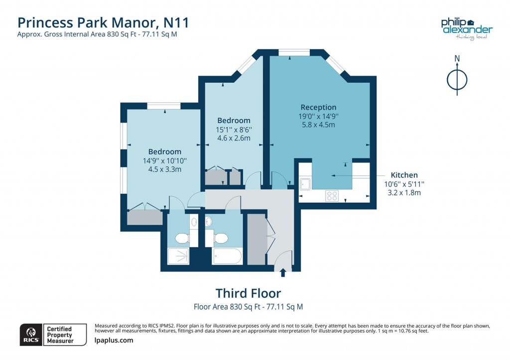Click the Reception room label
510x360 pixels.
coord(318,107)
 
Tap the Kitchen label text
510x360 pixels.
coord(404,175)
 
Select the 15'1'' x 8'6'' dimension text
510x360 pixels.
coord(234,129)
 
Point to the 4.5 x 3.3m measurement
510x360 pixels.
coord(164,169)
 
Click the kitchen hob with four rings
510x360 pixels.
coord(332,196)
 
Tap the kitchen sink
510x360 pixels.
coord(305,184)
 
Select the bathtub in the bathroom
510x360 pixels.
coord(227,256)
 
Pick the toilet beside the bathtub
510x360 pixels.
coord(221,239)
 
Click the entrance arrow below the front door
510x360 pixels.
coord(283,272)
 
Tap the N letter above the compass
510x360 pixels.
coord(457,59)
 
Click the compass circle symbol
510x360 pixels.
coord(457,79)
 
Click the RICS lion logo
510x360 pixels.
coord(30,334)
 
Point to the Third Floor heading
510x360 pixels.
coord(248,293)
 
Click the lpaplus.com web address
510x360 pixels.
coord(114,340)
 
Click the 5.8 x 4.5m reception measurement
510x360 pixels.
coord(318,124)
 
